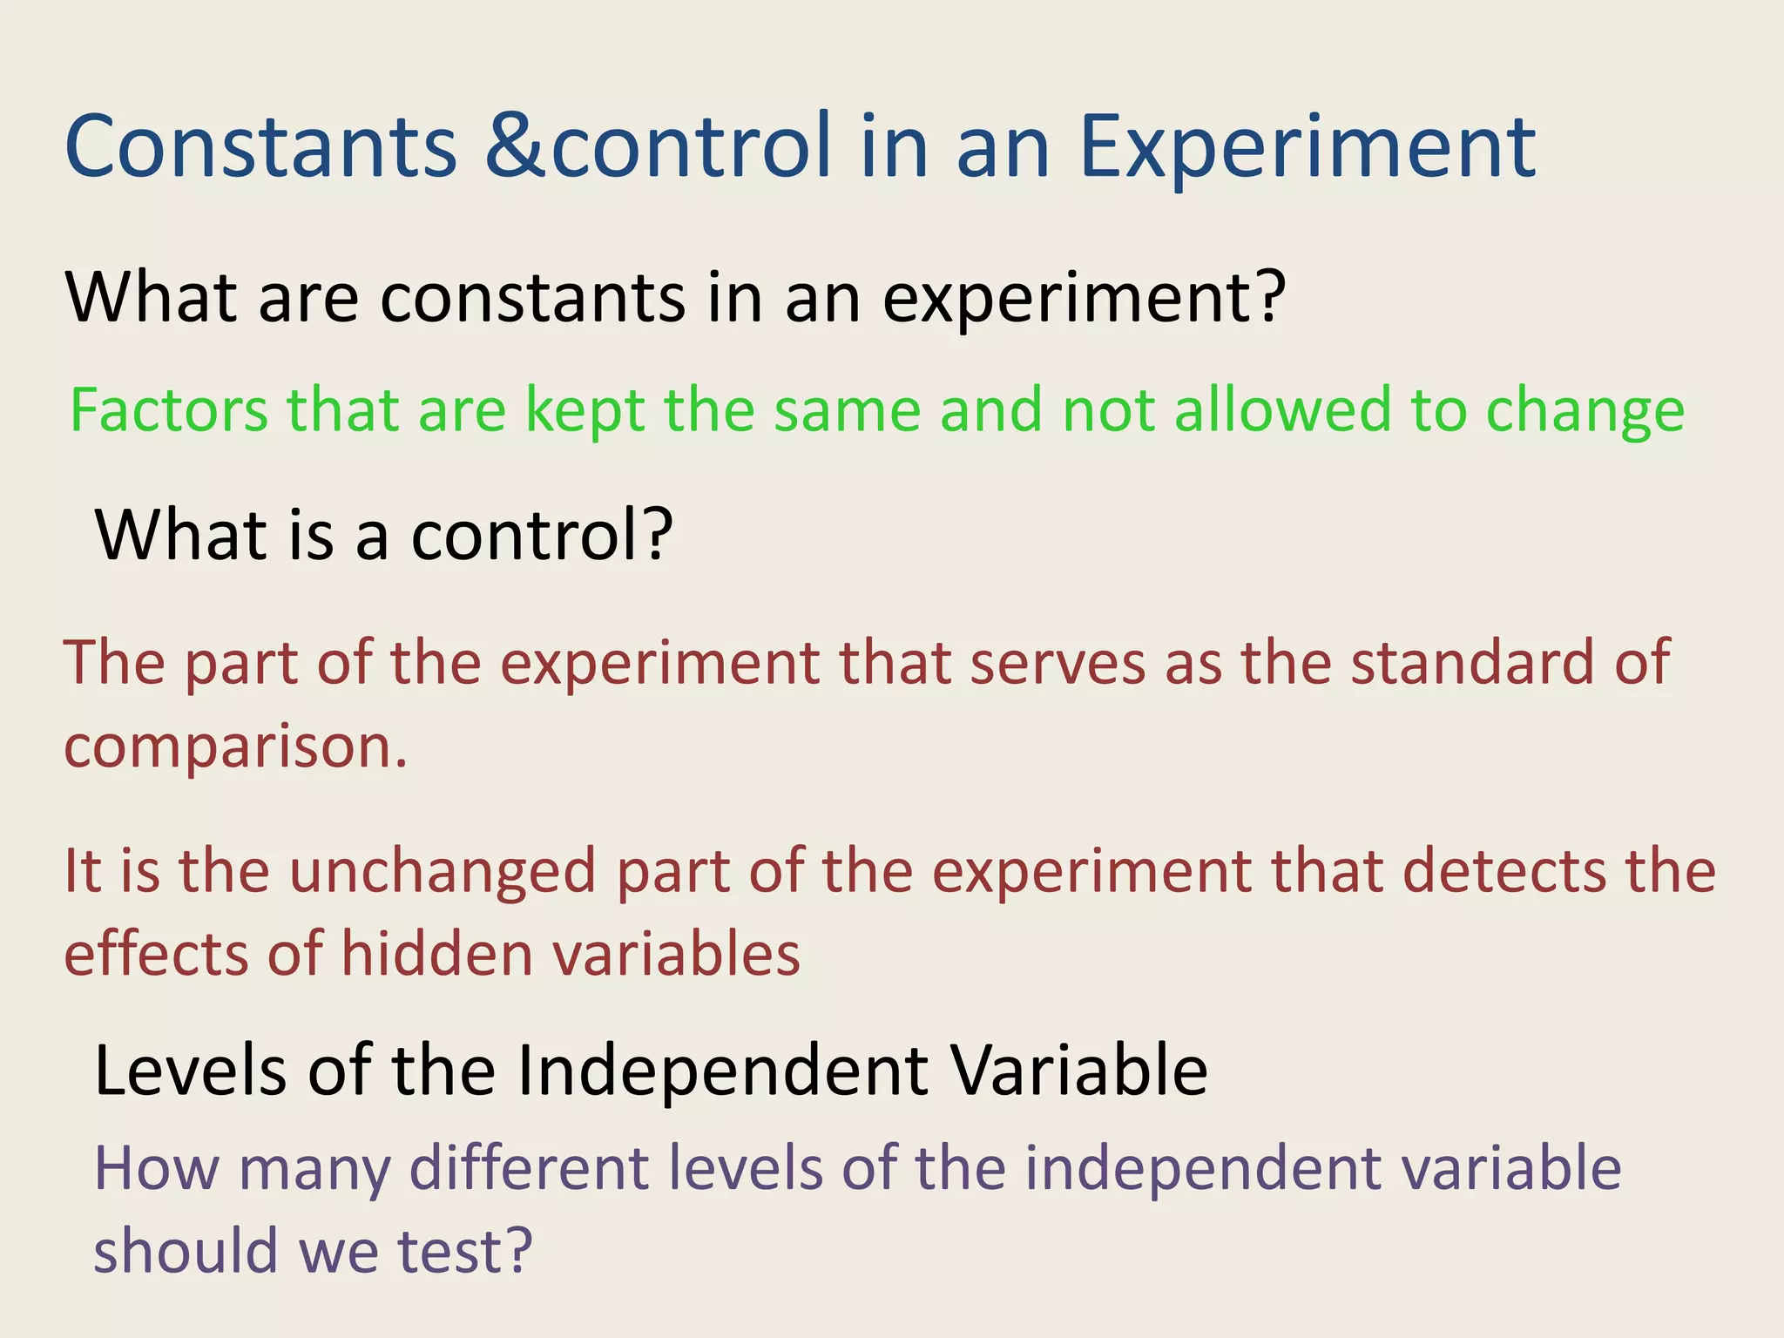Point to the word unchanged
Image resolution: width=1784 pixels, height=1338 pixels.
(443, 873)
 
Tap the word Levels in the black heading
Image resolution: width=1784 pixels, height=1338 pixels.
(190, 1070)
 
